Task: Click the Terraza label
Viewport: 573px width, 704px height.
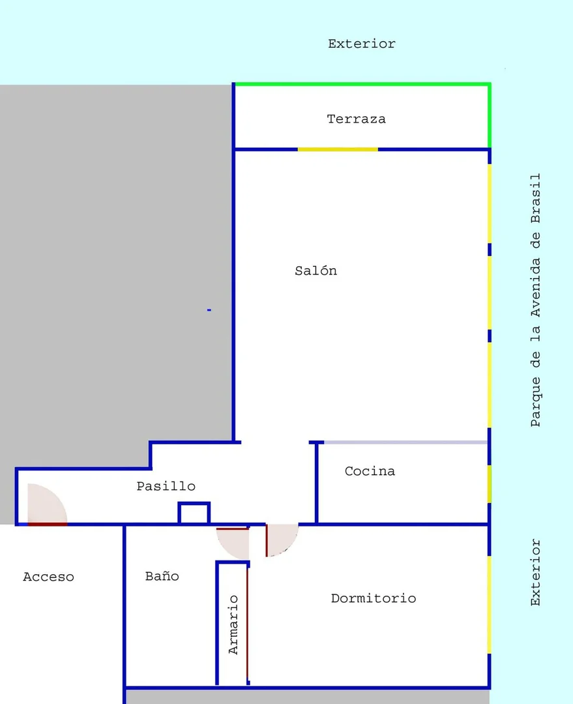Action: [357, 119]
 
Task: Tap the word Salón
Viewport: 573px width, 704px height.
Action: [316, 270]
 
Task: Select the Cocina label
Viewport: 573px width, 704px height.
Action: [370, 471]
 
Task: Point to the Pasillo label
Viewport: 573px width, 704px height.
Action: [166, 486]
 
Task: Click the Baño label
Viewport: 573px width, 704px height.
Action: [162, 575]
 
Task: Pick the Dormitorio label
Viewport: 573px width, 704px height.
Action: [374, 598]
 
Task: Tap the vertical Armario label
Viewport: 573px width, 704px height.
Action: [233, 624]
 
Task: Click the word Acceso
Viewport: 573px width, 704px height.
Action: [48, 577]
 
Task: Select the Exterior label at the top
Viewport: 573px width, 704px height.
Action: [362, 44]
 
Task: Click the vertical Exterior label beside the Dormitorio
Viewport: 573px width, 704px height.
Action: [536, 572]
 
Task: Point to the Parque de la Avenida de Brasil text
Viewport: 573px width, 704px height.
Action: [536, 300]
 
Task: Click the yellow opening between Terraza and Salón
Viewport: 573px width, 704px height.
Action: [338, 149]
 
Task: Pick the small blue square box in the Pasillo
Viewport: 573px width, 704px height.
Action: [194, 513]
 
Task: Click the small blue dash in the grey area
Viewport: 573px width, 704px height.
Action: [209, 310]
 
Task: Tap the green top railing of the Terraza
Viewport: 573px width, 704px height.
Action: [362, 84]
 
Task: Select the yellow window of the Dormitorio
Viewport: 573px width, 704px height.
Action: [489, 605]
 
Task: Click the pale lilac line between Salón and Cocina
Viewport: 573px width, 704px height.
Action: [405, 442]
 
